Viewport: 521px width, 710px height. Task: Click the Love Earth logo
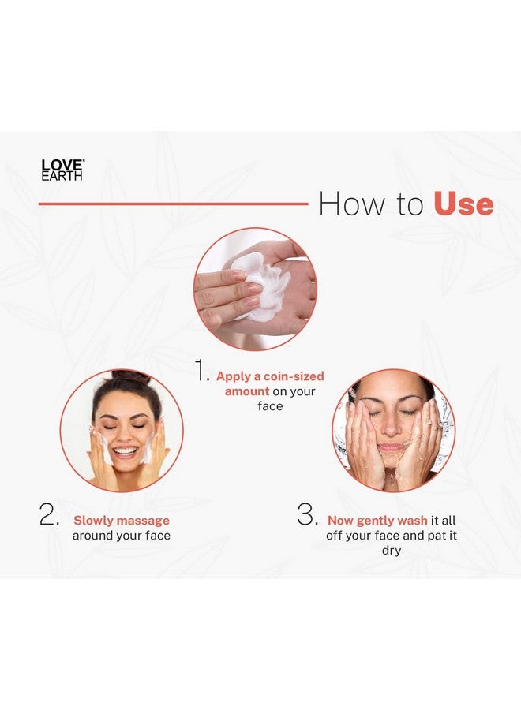62,170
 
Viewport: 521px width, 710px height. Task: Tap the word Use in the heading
463,204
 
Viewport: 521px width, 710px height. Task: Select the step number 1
203,370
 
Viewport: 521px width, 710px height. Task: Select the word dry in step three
392,551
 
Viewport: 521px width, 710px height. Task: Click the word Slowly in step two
92,521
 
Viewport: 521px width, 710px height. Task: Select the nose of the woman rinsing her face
392,431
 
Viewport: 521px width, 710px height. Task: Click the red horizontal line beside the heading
173,204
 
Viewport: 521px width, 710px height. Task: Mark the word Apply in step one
234,376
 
